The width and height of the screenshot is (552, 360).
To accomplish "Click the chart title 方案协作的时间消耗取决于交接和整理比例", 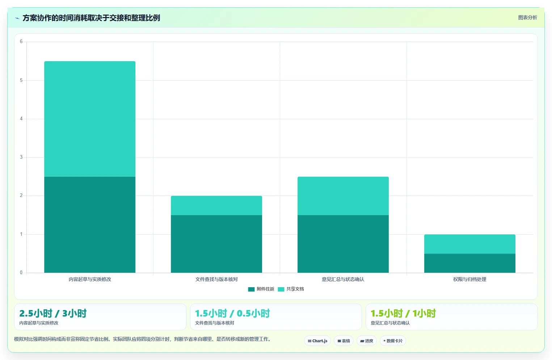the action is tap(91, 18).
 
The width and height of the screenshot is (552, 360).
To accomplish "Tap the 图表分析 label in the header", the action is tap(527, 17).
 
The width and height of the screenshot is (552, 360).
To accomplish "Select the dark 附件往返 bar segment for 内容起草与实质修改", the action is tap(90, 225).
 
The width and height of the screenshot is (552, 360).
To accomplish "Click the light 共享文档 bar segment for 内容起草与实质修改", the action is tap(90, 119).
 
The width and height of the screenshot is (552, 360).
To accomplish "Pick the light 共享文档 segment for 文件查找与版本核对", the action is tap(216, 205).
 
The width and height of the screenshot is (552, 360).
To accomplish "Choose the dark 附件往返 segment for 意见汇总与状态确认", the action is tap(343, 244).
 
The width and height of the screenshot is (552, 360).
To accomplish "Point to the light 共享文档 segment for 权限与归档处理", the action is tap(470, 244).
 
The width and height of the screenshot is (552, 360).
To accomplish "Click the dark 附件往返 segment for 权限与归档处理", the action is tap(470, 263).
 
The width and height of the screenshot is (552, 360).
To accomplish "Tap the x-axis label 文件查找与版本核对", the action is tap(216, 279).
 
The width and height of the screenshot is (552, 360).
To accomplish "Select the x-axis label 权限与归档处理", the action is tap(470, 279).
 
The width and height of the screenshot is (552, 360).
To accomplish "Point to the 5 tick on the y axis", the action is tap(21, 80).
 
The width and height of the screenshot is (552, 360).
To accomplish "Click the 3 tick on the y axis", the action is tap(21, 157).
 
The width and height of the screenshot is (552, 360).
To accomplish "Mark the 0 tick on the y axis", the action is tap(21, 272).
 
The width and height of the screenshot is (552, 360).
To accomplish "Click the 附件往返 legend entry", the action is tap(261, 289).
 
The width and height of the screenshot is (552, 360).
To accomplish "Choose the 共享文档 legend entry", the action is tap(291, 289).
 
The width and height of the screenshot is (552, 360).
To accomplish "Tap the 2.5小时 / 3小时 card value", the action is tap(53, 313).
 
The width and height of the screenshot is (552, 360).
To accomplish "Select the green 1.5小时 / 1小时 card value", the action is tap(403, 313).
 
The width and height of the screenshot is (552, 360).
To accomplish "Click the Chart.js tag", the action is tap(317, 341).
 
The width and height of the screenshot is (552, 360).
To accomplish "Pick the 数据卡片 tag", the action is tap(393, 341).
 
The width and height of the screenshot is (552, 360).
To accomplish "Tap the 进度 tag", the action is tap(367, 341).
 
